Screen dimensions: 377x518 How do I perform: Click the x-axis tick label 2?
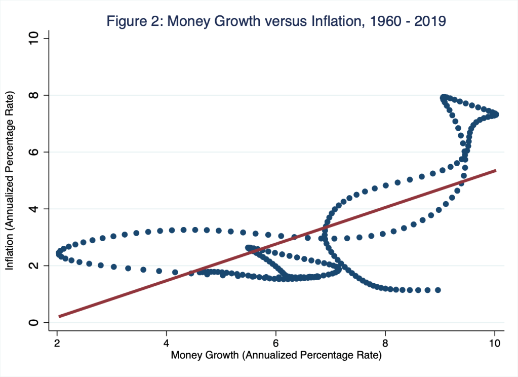(57, 343)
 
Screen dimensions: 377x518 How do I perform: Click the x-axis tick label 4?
(167, 343)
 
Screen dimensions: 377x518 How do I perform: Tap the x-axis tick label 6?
(276, 343)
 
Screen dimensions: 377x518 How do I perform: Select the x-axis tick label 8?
(386, 343)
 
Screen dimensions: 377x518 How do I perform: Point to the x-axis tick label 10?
(495, 343)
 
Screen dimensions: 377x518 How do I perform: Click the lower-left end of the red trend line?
(59, 316)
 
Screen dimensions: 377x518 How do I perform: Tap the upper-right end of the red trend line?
(495, 171)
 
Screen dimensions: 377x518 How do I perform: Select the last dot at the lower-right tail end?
(438, 290)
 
